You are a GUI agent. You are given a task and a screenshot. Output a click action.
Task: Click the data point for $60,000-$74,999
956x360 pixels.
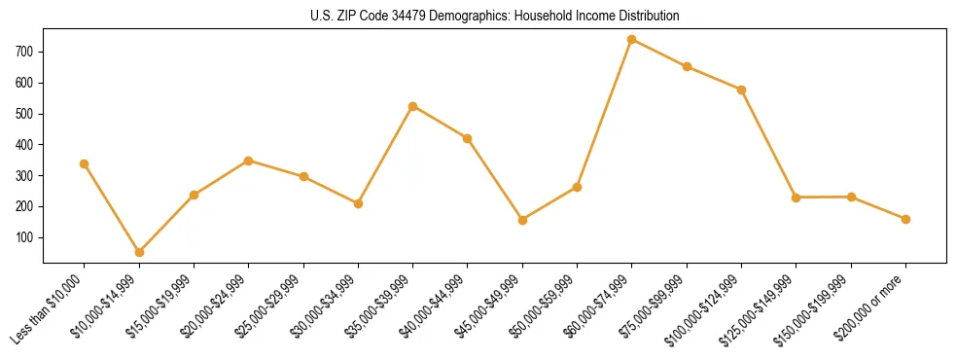632,40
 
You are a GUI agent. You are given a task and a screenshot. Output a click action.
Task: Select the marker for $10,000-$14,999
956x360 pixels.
139,252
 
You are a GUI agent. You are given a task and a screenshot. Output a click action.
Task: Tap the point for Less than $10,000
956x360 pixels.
85,163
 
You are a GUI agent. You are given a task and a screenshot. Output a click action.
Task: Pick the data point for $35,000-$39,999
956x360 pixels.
413,106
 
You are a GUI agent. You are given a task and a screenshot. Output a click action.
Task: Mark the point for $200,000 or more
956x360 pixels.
905,219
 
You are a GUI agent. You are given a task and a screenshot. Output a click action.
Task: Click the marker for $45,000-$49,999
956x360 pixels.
522,220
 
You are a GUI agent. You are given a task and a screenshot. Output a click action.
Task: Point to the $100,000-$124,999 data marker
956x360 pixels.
741,90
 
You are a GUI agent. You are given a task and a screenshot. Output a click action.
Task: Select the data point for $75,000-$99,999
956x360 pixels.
687,67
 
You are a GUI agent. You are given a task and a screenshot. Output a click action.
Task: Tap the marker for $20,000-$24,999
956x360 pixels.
249,161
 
